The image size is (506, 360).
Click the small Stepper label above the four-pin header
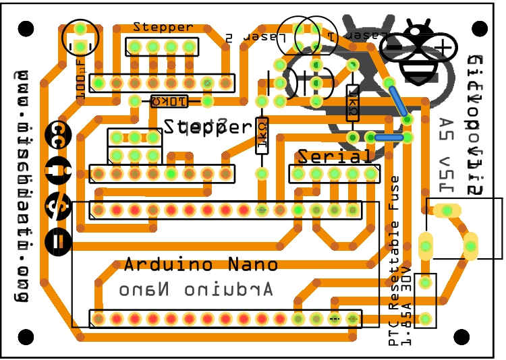coord(163,27)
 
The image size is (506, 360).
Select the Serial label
coord(335,157)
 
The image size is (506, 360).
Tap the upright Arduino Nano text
coord(200,264)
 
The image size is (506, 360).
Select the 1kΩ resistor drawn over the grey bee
coord(352,104)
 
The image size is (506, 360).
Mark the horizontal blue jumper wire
coord(389,137)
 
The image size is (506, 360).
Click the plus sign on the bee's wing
coord(443,48)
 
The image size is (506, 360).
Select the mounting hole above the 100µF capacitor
coord(25,29)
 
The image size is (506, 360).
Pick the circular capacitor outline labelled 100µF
coord(80,38)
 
